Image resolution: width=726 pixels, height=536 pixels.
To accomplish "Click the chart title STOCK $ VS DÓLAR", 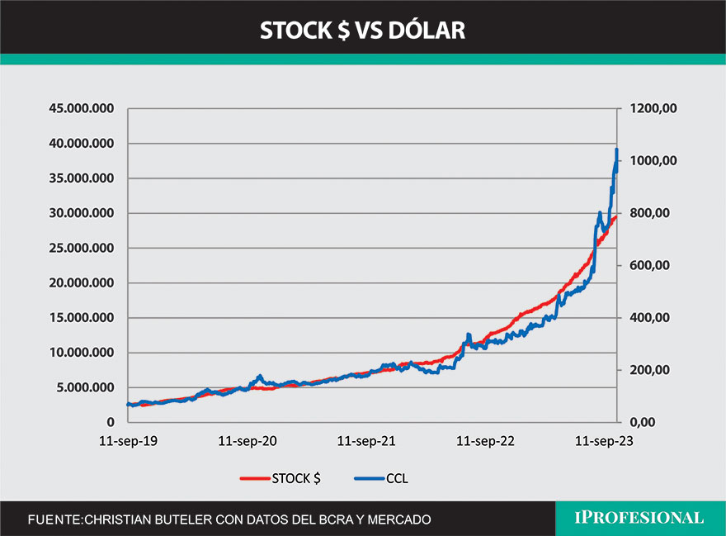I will pos(362,30).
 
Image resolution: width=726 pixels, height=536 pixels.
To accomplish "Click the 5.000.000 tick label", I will pos(82,387).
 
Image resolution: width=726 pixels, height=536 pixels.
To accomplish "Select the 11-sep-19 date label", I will pos(129,442).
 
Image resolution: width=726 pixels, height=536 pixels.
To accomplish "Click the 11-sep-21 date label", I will pos(366,442).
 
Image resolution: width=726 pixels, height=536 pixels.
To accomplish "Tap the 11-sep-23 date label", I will pos(605,442).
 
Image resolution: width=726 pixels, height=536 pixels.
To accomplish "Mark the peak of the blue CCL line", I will pos(617,149).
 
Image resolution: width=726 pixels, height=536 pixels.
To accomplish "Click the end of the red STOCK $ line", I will pos(616,216).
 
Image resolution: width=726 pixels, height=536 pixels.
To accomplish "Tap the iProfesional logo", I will pos(639,519).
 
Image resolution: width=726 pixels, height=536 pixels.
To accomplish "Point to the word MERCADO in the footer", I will pos(394,519).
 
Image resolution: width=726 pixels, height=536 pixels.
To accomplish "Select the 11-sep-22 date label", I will pos(486,442).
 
